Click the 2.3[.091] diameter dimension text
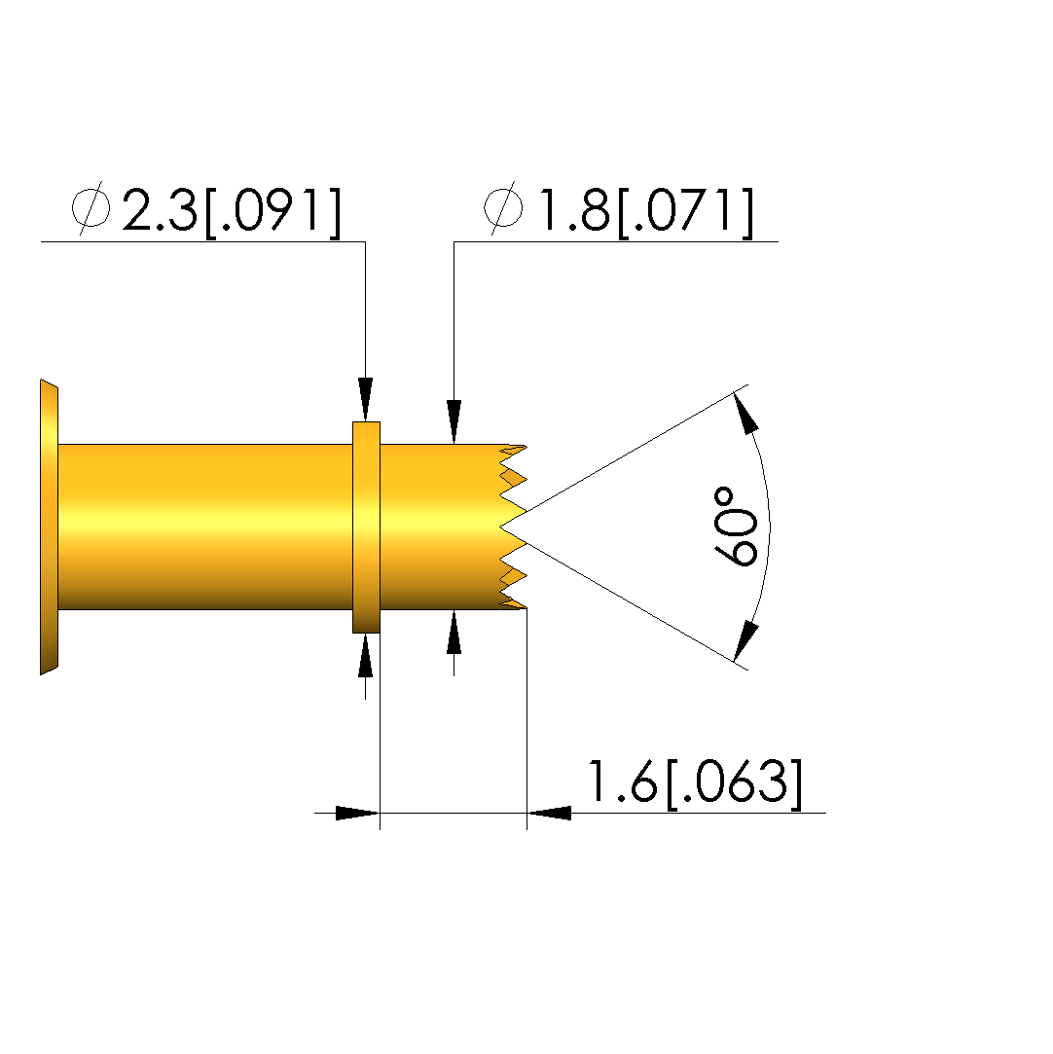[x=232, y=211]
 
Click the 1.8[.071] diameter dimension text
[x=646, y=211]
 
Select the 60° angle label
[x=735, y=527]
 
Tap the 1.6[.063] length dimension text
[x=695, y=782]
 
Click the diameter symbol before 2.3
[x=91, y=207]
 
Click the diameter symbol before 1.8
[x=503, y=207]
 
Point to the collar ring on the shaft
[x=366, y=527]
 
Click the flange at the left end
[x=49, y=527]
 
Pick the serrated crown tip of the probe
[x=513, y=527]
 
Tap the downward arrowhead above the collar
[x=366, y=399]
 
